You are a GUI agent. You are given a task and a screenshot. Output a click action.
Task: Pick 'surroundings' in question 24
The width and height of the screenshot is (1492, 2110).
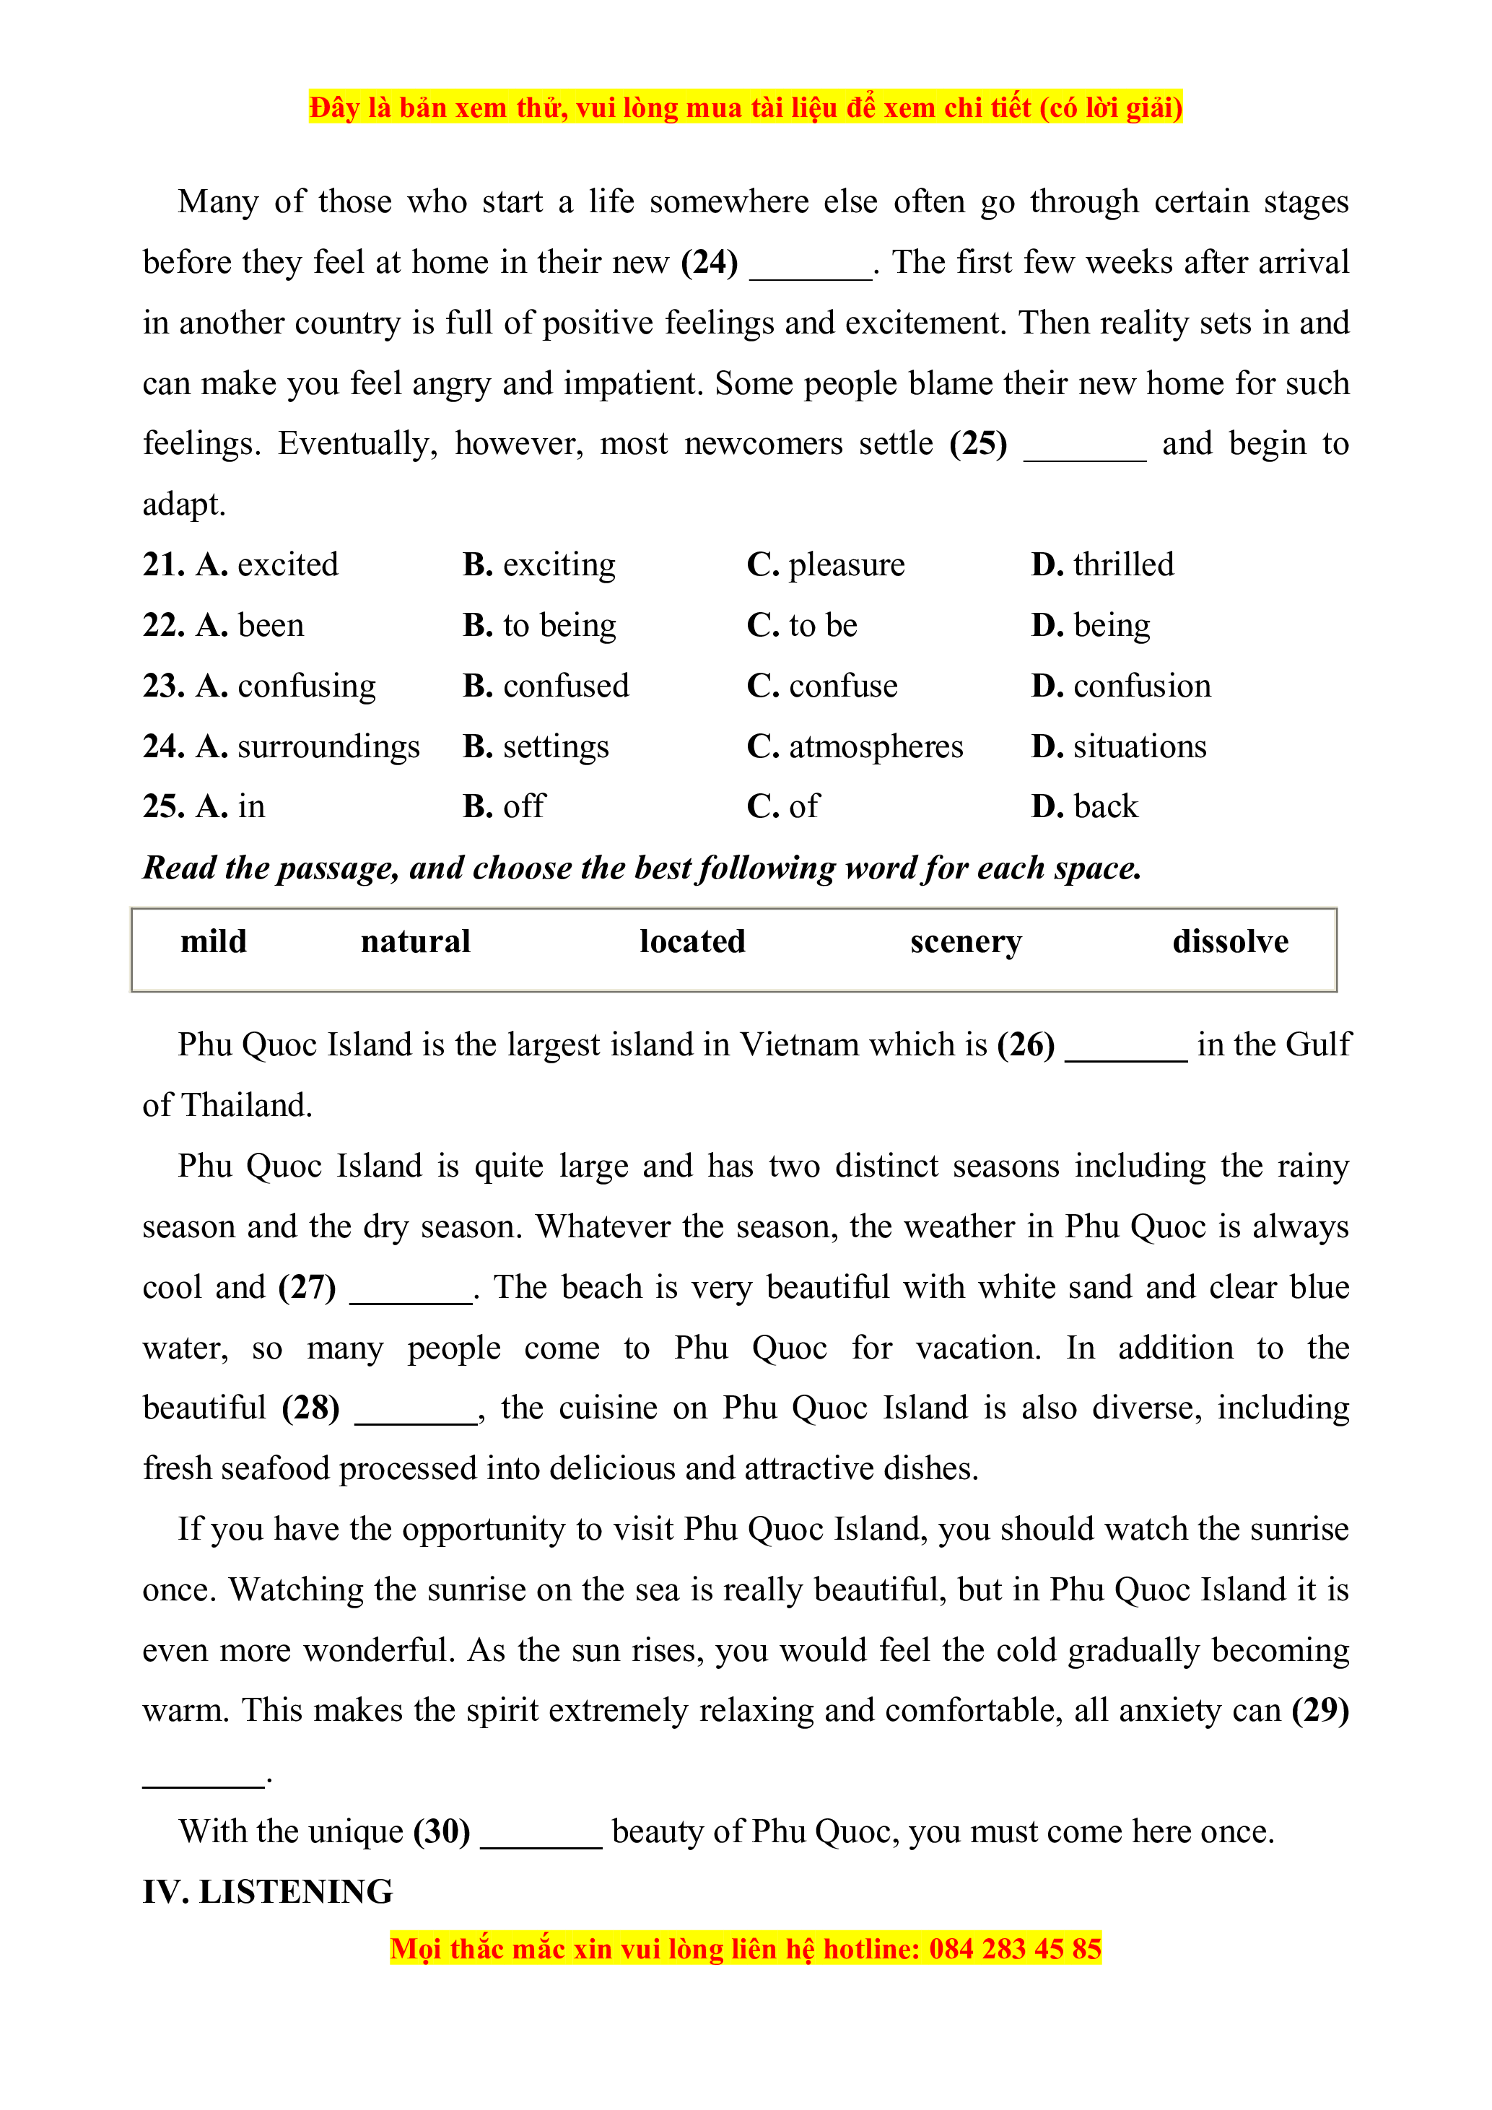pyautogui.click(x=328, y=746)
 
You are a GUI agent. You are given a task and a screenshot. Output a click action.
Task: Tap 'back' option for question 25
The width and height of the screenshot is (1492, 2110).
pyautogui.click(x=1105, y=806)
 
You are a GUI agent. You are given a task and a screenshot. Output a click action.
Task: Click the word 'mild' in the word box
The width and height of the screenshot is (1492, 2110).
pyautogui.click(x=213, y=941)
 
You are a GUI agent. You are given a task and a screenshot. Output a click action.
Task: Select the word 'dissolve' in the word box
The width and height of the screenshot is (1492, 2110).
pyautogui.click(x=1230, y=941)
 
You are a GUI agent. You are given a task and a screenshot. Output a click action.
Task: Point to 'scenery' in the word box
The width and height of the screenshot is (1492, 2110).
pyautogui.click(x=966, y=941)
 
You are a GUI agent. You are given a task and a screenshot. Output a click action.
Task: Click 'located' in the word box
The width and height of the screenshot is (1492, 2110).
pyautogui.click(x=693, y=941)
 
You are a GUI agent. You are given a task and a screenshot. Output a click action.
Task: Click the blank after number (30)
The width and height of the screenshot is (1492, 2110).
pyautogui.click(x=541, y=1841)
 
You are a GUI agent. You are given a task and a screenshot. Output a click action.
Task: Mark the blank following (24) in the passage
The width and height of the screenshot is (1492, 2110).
pyautogui.click(x=811, y=272)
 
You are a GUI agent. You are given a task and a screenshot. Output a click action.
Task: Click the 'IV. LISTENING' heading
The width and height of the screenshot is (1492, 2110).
pyautogui.click(x=267, y=1892)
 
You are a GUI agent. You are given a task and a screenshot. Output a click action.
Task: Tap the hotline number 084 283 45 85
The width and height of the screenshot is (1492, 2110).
pyautogui.click(x=1014, y=1948)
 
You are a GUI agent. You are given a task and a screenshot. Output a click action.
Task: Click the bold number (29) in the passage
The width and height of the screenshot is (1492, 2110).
pyautogui.click(x=1320, y=1710)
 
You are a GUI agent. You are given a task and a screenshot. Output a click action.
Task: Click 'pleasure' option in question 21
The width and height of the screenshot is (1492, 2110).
pyautogui.click(x=846, y=564)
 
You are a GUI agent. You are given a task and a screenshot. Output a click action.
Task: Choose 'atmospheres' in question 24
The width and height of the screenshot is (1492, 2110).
pyautogui.click(x=876, y=746)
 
